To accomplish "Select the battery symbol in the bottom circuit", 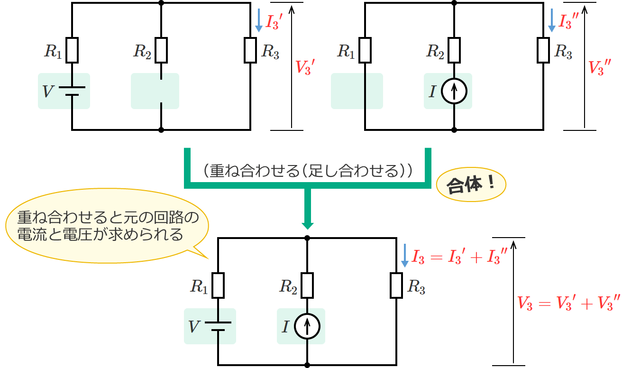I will (218, 326).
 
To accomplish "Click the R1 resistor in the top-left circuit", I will (72, 50).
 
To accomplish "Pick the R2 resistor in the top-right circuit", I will (454, 50).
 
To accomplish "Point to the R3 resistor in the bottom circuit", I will (396, 285).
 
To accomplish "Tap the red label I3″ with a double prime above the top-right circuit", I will (568, 22).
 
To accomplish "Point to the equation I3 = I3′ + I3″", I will (460, 258).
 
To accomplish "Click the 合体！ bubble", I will (471, 184).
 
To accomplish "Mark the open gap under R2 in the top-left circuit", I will (161, 91).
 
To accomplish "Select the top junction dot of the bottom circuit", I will (307, 238).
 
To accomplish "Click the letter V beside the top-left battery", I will (48, 91).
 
